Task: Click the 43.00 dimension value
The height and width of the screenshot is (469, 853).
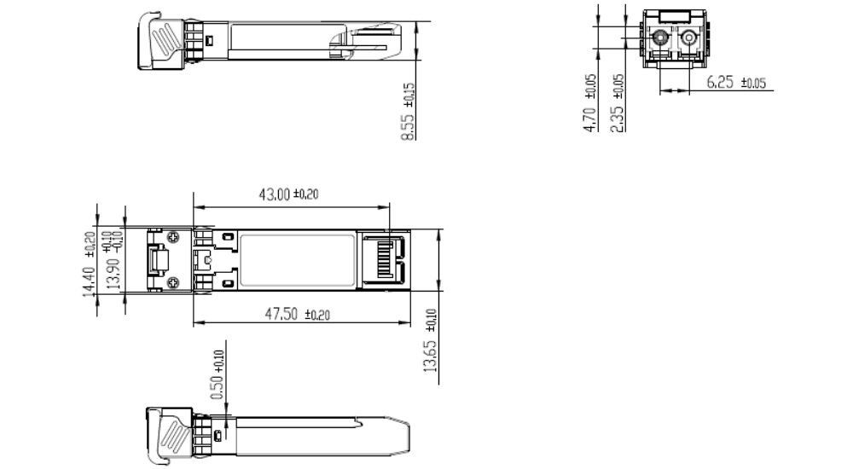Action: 275,194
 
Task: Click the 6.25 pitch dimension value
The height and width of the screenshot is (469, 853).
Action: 723,82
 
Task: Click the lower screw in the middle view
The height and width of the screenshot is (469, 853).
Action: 173,282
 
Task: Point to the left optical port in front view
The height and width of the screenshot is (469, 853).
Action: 659,38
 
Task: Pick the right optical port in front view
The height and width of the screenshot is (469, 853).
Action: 688,38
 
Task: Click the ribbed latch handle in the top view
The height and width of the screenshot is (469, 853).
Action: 167,38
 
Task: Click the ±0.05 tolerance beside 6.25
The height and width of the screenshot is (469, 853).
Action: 755,84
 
